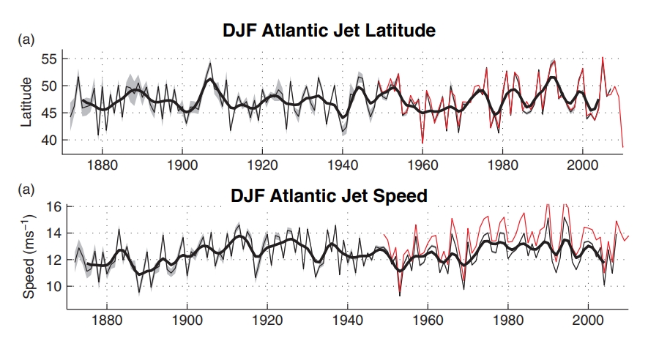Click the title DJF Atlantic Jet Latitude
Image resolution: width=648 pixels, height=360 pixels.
click(329, 31)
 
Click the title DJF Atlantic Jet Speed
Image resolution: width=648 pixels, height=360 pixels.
click(329, 196)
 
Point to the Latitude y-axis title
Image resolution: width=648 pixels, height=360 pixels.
click(27, 103)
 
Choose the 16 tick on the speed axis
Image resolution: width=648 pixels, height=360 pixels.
click(51, 206)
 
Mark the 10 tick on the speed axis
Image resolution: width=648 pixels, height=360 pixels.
click(51, 286)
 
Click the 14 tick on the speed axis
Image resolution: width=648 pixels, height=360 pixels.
click(51, 233)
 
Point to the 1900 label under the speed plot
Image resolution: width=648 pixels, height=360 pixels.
click(187, 320)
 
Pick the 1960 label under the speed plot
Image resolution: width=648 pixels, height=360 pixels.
click(427, 320)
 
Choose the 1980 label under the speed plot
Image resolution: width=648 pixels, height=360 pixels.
click(507, 320)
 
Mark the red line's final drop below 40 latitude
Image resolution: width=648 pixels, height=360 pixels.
click(623, 146)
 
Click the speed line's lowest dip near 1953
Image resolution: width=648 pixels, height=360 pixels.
click(400, 295)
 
